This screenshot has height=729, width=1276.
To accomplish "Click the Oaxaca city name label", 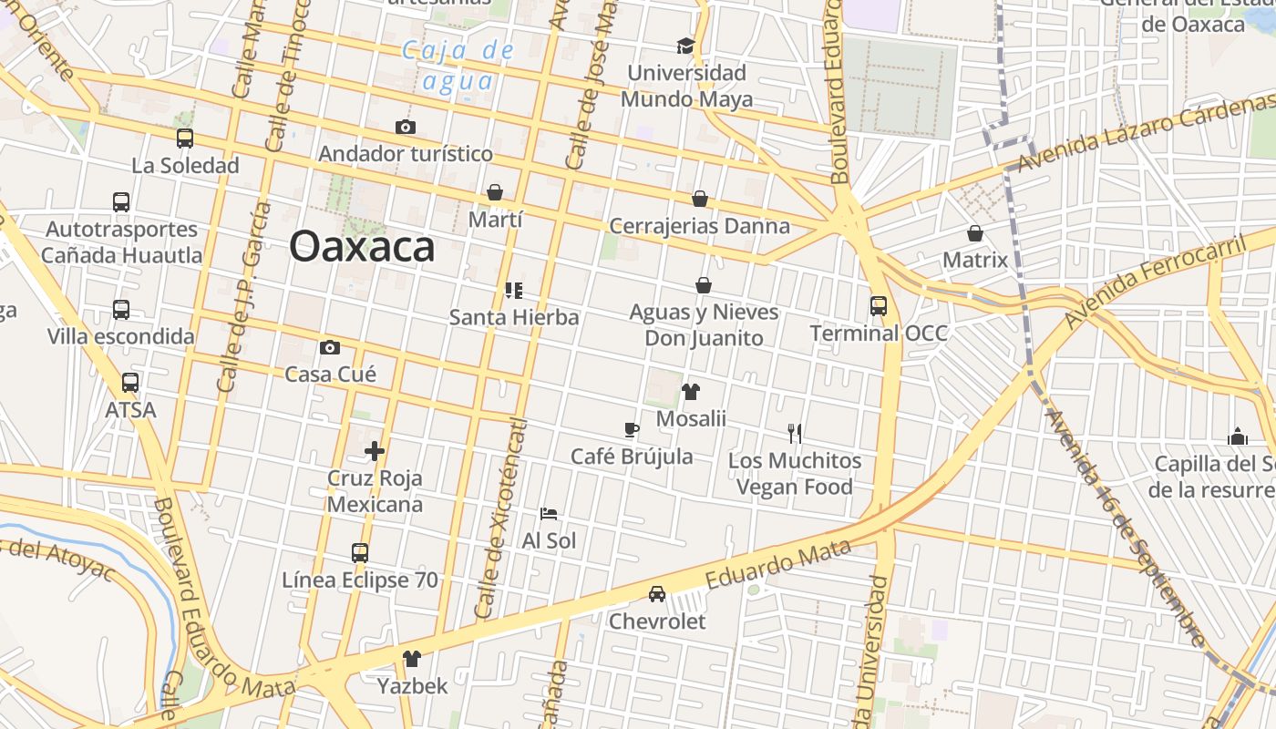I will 362,247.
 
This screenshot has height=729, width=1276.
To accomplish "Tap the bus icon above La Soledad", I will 185,139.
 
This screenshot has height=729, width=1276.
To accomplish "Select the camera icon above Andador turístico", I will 405,127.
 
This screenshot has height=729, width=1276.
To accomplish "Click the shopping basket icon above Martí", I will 495,192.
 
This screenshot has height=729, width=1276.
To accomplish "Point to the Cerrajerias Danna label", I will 699,226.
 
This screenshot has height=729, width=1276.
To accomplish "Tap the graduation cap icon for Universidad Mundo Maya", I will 685,46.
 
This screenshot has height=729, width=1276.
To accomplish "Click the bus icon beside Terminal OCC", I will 879,306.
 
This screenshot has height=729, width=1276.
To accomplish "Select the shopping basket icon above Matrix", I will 975,233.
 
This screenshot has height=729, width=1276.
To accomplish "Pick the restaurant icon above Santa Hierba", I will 514,291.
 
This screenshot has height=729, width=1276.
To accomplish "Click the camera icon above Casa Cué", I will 330,347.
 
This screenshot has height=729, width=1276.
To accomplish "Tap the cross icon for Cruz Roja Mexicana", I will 375,451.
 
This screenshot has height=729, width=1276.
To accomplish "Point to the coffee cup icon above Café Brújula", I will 632,430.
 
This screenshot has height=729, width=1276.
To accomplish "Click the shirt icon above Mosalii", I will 691,392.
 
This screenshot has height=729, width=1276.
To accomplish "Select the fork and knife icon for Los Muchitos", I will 795,434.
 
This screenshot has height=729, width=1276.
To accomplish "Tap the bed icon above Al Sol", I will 549,514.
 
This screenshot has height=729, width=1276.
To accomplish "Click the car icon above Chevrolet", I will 656,594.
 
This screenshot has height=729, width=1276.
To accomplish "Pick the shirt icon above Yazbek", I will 412,658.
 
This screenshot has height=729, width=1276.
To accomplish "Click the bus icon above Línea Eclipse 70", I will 360,553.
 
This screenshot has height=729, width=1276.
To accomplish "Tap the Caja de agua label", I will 459,66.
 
